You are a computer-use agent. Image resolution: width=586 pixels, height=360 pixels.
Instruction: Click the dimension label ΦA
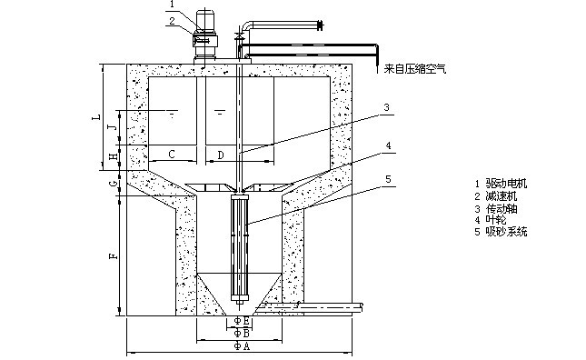[242, 345]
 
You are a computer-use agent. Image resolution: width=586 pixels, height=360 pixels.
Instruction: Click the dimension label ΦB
[242, 333]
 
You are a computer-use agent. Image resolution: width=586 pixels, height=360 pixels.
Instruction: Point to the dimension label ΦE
[242, 320]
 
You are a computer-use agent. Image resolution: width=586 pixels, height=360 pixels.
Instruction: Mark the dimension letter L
[97, 116]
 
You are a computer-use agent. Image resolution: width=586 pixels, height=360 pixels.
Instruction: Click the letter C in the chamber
[172, 154]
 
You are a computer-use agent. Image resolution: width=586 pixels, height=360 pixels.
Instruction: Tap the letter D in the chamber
[221, 155]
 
